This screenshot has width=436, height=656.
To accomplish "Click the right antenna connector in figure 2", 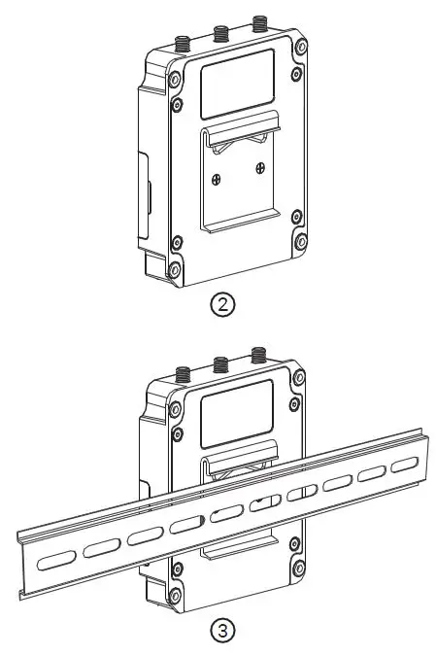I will click(x=259, y=24).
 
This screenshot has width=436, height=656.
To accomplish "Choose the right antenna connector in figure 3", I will click(x=259, y=355).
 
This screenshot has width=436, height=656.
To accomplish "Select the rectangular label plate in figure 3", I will click(x=236, y=411).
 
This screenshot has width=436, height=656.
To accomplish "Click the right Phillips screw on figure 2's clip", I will click(x=260, y=168).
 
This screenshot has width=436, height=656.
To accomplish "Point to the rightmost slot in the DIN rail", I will click(x=403, y=466).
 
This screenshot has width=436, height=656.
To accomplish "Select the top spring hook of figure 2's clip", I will click(x=241, y=125).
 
